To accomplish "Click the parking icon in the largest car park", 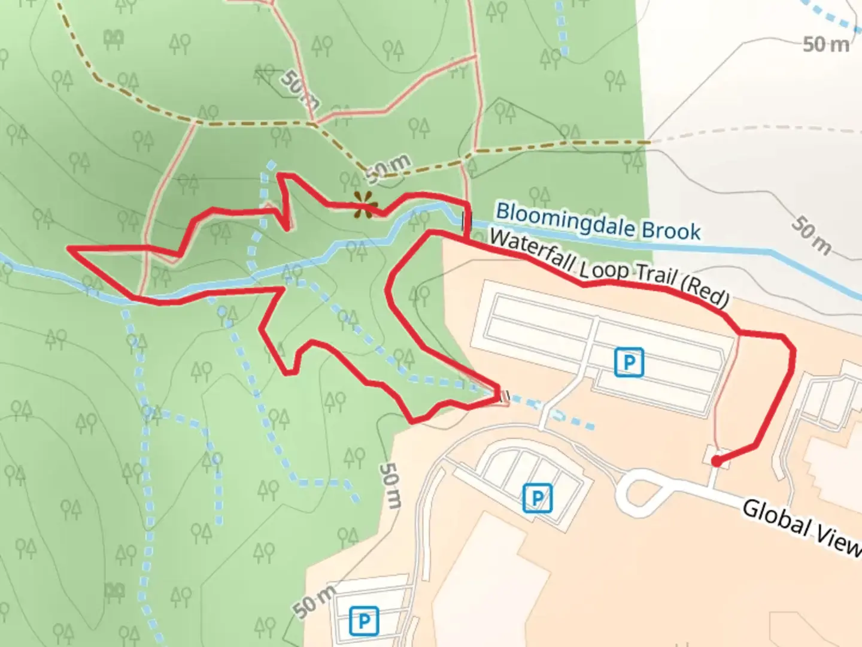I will (629, 362).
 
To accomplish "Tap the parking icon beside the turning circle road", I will (537, 498).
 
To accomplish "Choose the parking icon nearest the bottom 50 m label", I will (363, 621).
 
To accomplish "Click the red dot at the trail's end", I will (716, 461).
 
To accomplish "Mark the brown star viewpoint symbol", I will (364, 205).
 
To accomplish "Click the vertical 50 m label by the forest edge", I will (389, 485).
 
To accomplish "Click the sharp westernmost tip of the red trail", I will (69, 247).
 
